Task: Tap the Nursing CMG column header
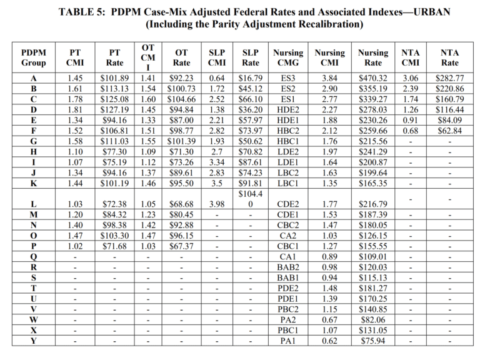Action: click(287, 57)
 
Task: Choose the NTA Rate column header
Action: click(449, 57)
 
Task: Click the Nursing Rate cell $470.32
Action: click(373, 78)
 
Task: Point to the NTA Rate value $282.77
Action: click(449, 78)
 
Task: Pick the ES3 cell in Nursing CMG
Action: click(287, 78)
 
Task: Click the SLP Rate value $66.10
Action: click(251, 99)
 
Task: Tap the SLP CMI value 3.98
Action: click(217, 204)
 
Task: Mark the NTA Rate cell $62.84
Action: click(449, 131)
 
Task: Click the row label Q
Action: click(33, 256)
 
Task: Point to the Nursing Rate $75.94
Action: click(373, 341)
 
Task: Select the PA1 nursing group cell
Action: click(287, 341)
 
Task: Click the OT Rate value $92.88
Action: click(181, 225)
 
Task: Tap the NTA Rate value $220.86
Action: click(449, 89)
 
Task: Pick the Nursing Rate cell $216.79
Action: click(373, 204)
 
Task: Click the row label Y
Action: click(33, 341)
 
